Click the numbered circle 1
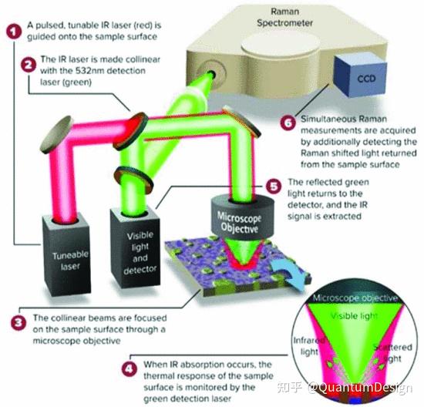point(14,32)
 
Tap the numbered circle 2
point(29,66)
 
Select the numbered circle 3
point(19,323)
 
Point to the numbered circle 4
point(130,369)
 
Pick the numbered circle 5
point(274,186)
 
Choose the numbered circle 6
point(288,123)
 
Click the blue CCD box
point(361,76)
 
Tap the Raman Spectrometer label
point(284,17)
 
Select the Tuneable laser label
point(70,261)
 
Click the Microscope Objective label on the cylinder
point(239,223)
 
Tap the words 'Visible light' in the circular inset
point(354,316)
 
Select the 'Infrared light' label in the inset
point(309,346)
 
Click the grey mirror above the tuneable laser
point(56,134)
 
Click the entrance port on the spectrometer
point(212,73)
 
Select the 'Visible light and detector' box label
point(140,252)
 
